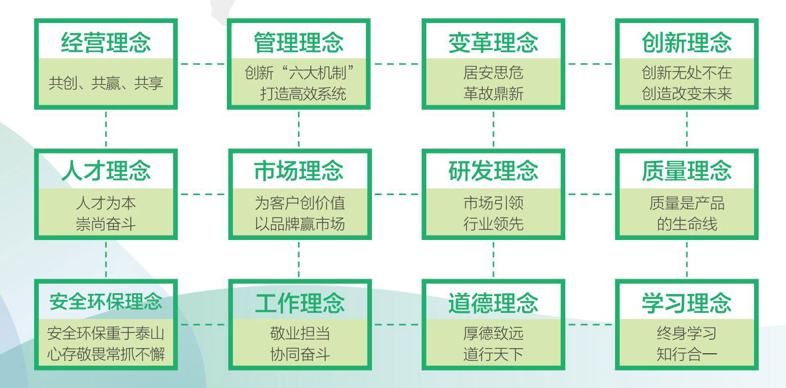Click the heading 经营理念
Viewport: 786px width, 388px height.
pyautogui.click(x=106, y=43)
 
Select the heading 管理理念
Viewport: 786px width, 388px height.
pyautogui.click(x=299, y=43)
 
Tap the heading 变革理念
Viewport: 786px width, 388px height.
pyautogui.click(x=493, y=43)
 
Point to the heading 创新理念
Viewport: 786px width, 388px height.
pyautogui.click(x=687, y=43)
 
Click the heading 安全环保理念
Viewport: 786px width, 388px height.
pyautogui.click(x=106, y=301)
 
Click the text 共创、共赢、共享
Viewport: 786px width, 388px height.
pyautogui.click(x=106, y=84)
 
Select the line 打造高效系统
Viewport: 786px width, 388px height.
pyautogui.click(x=303, y=93)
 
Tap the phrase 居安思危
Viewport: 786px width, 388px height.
pyautogui.click(x=493, y=73)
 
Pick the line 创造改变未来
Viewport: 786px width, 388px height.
pyautogui.click(x=687, y=93)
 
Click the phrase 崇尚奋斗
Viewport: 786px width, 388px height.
pyautogui.click(x=106, y=224)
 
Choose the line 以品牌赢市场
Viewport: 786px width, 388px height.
pyautogui.click(x=300, y=224)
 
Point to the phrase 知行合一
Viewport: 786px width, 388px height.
pyautogui.click(x=687, y=354)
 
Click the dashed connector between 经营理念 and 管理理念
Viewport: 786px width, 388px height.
pyautogui.click(x=202, y=64)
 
